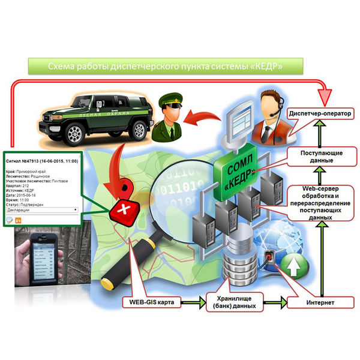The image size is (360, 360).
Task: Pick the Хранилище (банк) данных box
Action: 235,302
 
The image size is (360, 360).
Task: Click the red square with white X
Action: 125,211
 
